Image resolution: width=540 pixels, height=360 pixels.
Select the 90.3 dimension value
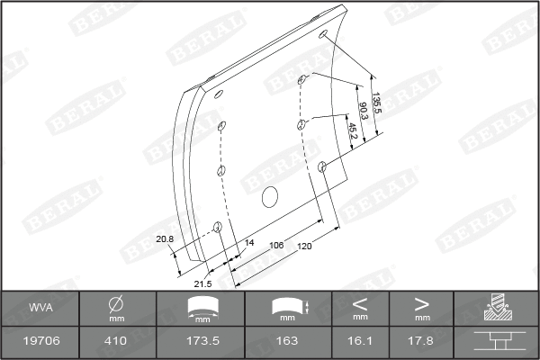point(364,112)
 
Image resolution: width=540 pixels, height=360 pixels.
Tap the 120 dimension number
point(306,247)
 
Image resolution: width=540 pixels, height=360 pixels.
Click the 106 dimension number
point(277,244)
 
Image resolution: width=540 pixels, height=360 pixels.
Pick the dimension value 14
point(249,243)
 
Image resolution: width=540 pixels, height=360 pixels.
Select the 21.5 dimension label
point(203,284)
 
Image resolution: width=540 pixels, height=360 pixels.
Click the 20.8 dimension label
point(165,238)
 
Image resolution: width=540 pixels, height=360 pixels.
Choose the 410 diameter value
point(116,340)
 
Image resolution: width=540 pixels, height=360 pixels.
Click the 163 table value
point(286,340)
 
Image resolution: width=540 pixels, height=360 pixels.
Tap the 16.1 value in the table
point(360,340)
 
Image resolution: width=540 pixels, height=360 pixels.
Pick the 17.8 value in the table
point(421,340)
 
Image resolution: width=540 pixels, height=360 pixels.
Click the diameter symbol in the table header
point(116,303)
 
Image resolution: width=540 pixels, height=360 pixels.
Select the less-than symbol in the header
point(360,303)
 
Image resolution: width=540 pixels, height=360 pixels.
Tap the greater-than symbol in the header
point(421,303)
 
